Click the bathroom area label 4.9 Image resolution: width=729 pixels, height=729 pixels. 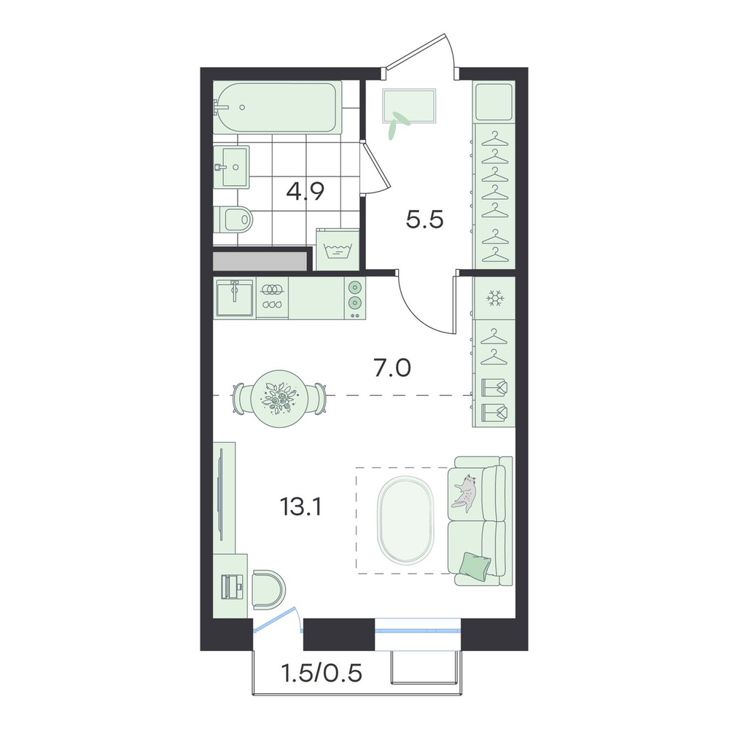pyautogui.click(x=305, y=192)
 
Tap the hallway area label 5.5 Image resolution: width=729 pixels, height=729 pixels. pyautogui.click(x=424, y=220)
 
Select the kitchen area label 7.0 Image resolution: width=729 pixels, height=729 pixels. pyautogui.click(x=392, y=369)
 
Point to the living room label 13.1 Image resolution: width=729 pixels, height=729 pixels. pyautogui.click(x=300, y=507)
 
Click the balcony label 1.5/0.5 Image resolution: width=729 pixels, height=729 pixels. pyautogui.click(x=321, y=673)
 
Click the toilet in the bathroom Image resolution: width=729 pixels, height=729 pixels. pyautogui.click(x=234, y=219)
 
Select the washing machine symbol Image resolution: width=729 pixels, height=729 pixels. pyautogui.click(x=338, y=249)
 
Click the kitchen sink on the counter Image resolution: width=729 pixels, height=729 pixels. pyautogui.click(x=235, y=297)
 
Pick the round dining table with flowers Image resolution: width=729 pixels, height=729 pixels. pyautogui.click(x=278, y=399)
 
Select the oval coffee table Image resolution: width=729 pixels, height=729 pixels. pyautogui.click(x=405, y=520)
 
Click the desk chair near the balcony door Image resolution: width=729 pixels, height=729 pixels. pyautogui.click(x=268, y=589)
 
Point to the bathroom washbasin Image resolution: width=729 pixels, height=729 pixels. pyautogui.click(x=232, y=166)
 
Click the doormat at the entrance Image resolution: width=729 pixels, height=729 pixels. pyautogui.click(x=409, y=106)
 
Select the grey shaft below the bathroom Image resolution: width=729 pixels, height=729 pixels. pyautogui.click(x=260, y=261)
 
